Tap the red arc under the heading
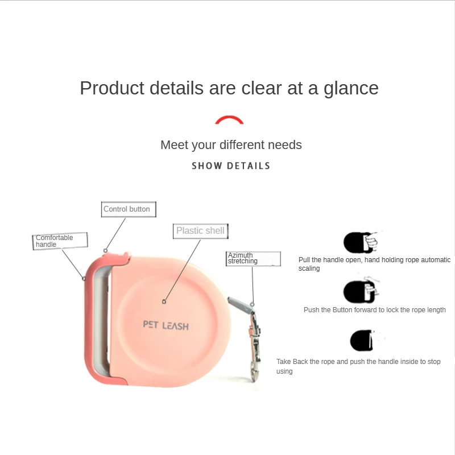click(x=229, y=119)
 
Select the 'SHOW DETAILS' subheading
click(x=231, y=166)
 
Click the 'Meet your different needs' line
click(x=231, y=145)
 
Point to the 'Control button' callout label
click(x=127, y=209)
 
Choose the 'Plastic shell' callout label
click(x=200, y=230)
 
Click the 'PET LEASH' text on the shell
click(x=166, y=325)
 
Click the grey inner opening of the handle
click(x=103, y=318)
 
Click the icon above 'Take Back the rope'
click(x=361, y=341)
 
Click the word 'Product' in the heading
click(x=112, y=89)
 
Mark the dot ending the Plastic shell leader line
click(x=164, y=301)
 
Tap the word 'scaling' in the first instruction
click(x=309, y=268)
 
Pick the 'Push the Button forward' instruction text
click(x=375, y=310)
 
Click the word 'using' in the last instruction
click(x=284, y=371)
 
